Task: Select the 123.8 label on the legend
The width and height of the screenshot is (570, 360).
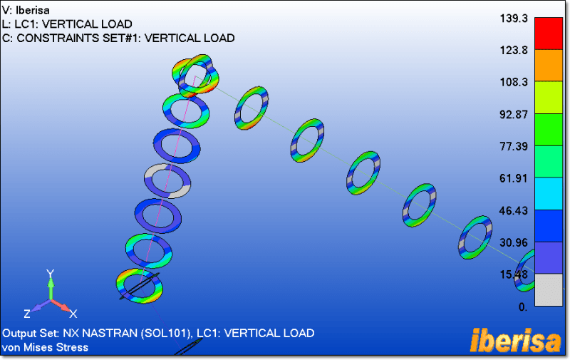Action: click(x=513, y=51)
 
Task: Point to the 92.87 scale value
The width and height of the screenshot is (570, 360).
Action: click(x=513, y=114)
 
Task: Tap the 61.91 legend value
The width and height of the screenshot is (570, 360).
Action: click(x=513, y=178)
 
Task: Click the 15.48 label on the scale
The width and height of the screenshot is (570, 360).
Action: click(x=513, y=274)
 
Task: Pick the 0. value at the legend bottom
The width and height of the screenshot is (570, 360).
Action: click(x=522, y=307)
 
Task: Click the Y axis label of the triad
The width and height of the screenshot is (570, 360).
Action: click(x=51, y=274)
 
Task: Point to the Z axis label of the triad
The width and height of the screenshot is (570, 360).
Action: click(x=27, y=314)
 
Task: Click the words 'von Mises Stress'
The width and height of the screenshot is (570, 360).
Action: click(x=46, y=347)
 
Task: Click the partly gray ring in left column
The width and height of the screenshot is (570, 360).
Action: click(x=169, y=181)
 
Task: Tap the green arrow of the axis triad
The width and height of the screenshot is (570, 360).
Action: click(x=51, y=287)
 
